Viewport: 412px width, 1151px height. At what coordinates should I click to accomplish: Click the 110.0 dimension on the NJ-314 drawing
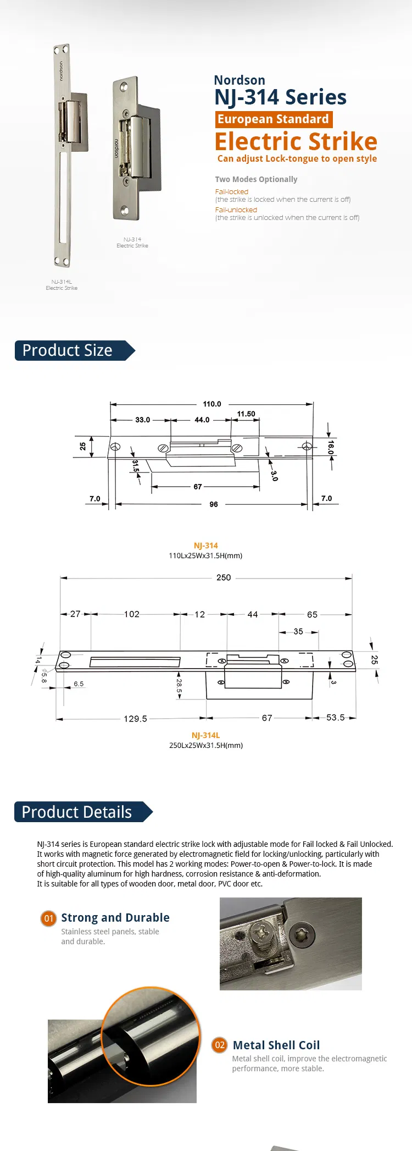click(x=212, y=404)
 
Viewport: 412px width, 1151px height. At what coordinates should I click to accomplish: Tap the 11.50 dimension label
click(x=246, y=414)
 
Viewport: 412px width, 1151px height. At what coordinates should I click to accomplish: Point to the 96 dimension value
click(x=214, y=504)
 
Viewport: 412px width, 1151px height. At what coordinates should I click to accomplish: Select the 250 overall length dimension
click(x=224, y=577)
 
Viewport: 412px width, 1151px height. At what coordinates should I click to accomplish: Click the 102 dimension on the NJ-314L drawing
click(x=132, y=614)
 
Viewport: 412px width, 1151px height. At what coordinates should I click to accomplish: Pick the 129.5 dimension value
click(x=135, y=719)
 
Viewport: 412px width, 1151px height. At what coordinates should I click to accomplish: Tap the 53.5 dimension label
click(x=335, y=718)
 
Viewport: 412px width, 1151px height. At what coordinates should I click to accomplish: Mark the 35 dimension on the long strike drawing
click(x=298, y=632)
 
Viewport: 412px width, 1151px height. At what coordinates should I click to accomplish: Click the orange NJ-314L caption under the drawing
click(x=205, y=735)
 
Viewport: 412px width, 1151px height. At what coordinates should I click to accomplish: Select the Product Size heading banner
click(x=71, y=351)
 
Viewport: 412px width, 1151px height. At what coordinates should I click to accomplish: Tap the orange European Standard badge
click(x=273, y=119)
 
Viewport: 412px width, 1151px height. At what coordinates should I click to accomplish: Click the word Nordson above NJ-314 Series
click(x=240, y=80)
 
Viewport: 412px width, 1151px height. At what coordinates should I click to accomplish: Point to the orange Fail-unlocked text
click(x=236, y=210)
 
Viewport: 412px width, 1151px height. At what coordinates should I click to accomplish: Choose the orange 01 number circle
click(x=49, y=918)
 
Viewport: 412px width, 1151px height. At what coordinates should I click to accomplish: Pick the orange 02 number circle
click(x=220, y=1045)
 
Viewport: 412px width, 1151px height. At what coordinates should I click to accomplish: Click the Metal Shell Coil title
click(x=276, y=1045)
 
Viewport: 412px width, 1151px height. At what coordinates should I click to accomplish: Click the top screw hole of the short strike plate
click(x=124, y=87)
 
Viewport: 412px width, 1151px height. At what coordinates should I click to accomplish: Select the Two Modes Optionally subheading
click(x=256, y=179)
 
